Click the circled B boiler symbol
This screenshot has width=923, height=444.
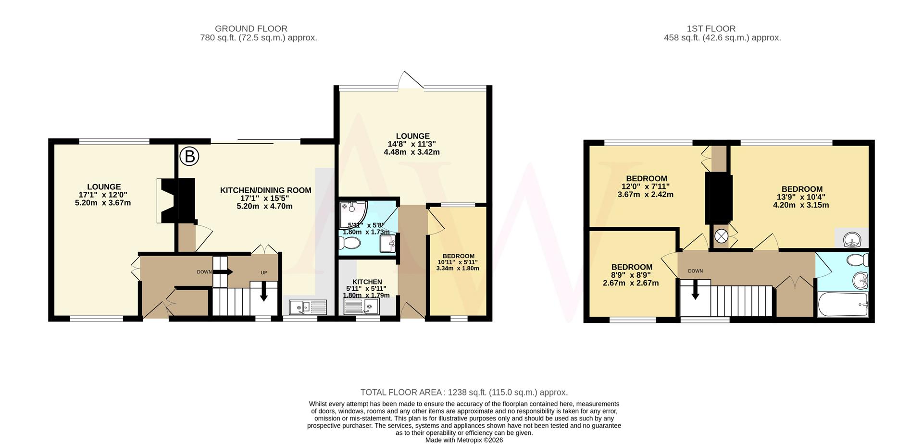(x=189, y=156)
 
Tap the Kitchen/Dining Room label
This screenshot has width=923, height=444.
(x=265, y=190)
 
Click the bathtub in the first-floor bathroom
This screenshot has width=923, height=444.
(x=843, y=304)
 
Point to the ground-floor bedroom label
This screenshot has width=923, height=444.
(x=458, y=256)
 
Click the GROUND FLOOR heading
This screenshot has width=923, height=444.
(x=251, y=29)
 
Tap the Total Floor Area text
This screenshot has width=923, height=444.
(x=464, y=392)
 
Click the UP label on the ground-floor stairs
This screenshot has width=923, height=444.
(x=263, y=272)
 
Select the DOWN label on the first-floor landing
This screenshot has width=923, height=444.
(x=695, y=271)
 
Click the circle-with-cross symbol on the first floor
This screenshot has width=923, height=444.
(x=721, y=236)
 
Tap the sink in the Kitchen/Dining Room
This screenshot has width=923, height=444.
(x=308, y=306)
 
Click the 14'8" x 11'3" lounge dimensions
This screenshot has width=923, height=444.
(x=412, y=144)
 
